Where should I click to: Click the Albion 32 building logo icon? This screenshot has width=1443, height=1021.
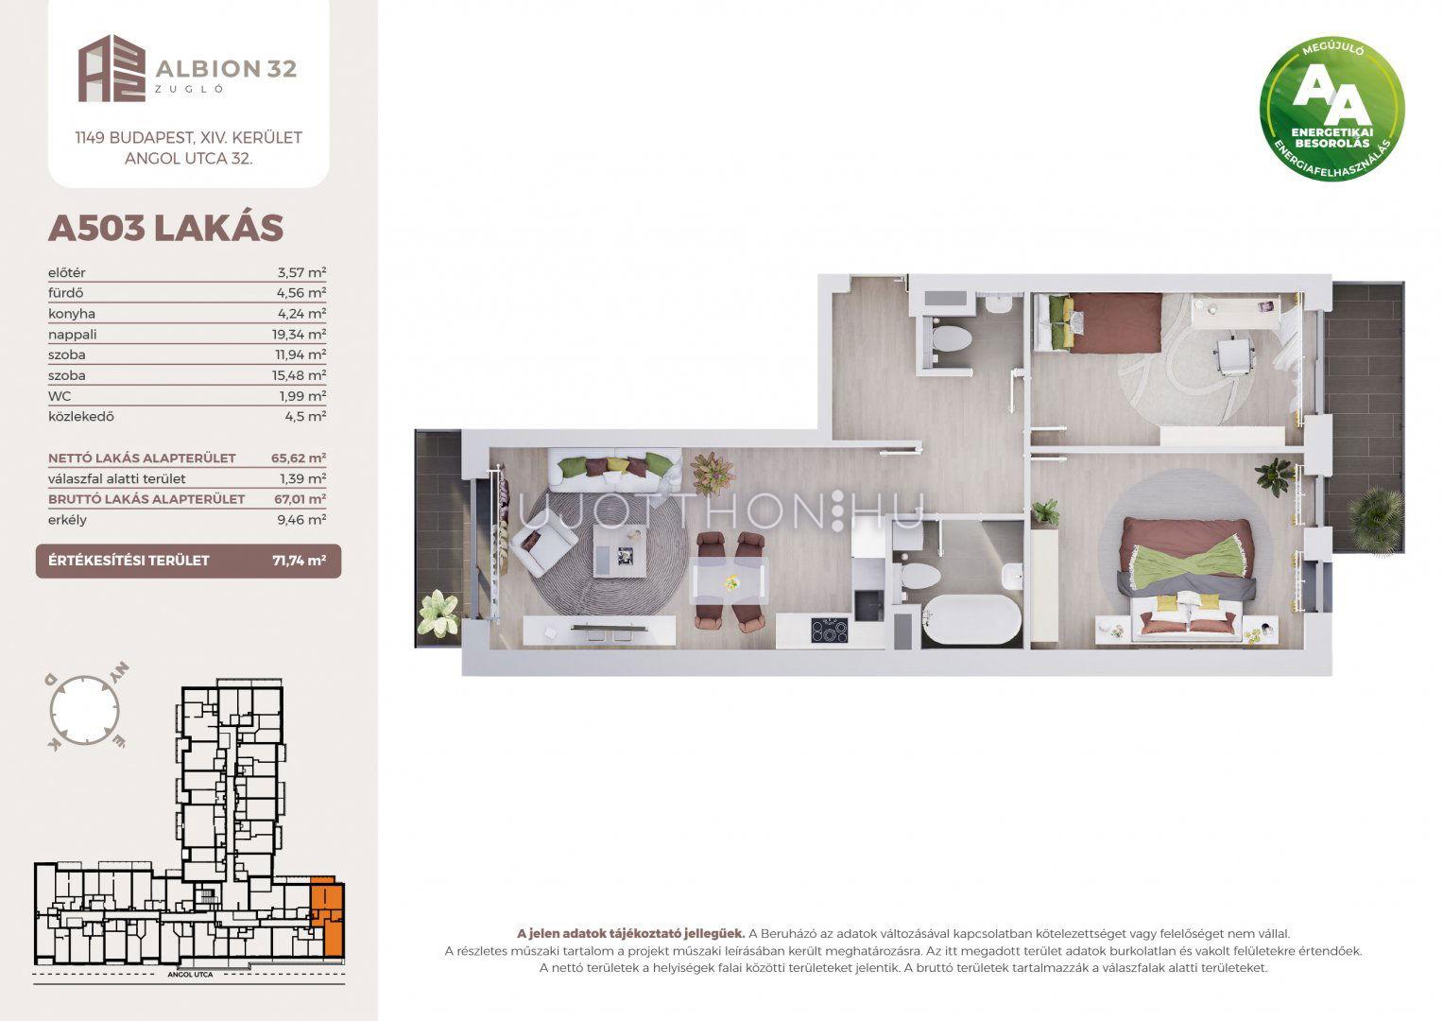pos(112,68)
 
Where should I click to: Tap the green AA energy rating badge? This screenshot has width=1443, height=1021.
pos(1331,109)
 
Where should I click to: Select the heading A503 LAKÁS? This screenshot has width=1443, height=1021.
pos(165,228)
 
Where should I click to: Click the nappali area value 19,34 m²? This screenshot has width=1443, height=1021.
pos(299,334)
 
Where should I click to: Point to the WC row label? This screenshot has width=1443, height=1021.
pos(60,396)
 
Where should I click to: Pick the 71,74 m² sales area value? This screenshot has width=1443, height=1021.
pos(299,561)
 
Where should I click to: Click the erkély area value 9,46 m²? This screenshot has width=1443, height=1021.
pos(301,520)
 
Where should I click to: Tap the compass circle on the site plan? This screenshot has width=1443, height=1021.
pos(84,711)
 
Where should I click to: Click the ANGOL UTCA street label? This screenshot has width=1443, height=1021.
pos(190,974)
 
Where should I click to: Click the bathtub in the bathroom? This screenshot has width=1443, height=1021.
pos(971,619)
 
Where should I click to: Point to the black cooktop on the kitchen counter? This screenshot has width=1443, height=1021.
pos(830,630)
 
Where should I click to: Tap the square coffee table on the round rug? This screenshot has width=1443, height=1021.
pos(620,552)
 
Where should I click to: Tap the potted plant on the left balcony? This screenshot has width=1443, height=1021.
pos(439,613)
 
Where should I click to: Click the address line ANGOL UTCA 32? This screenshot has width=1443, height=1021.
pos(188,159)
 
